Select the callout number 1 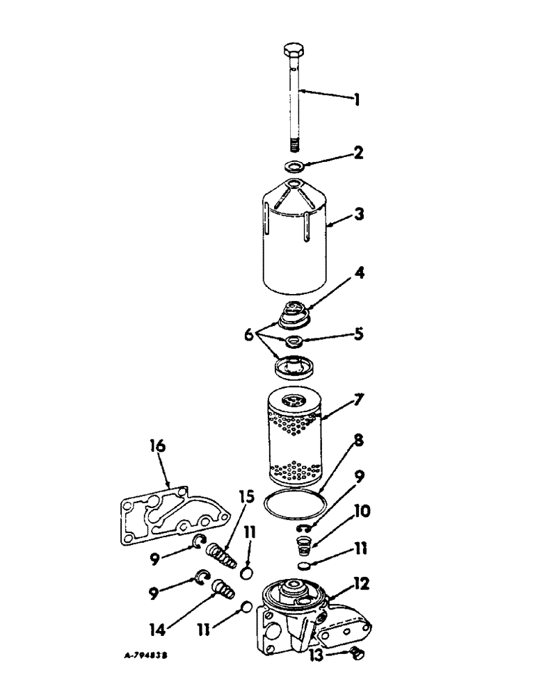click(x=355, y=100)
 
